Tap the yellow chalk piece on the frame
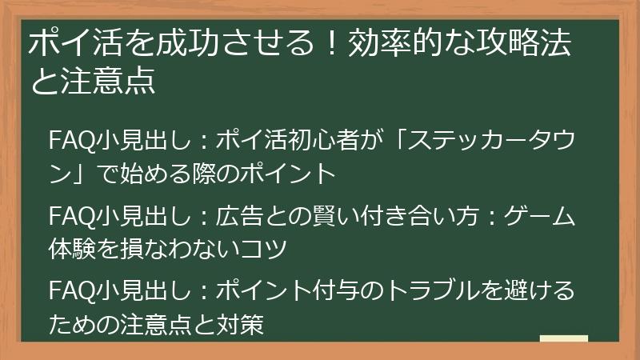point(563,338)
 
